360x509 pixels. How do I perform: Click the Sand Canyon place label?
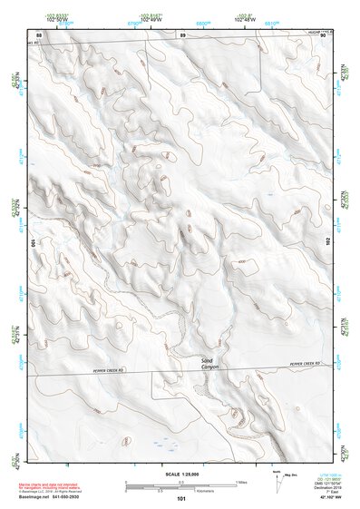click(209, 363)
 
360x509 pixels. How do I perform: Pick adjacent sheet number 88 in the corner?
click(26, 35)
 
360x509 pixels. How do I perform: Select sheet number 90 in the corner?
click(336, 35)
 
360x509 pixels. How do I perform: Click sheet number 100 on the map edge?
click(34, 243)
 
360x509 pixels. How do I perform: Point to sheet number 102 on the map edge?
click(328, 240)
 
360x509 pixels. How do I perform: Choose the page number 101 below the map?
click(181, 499)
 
